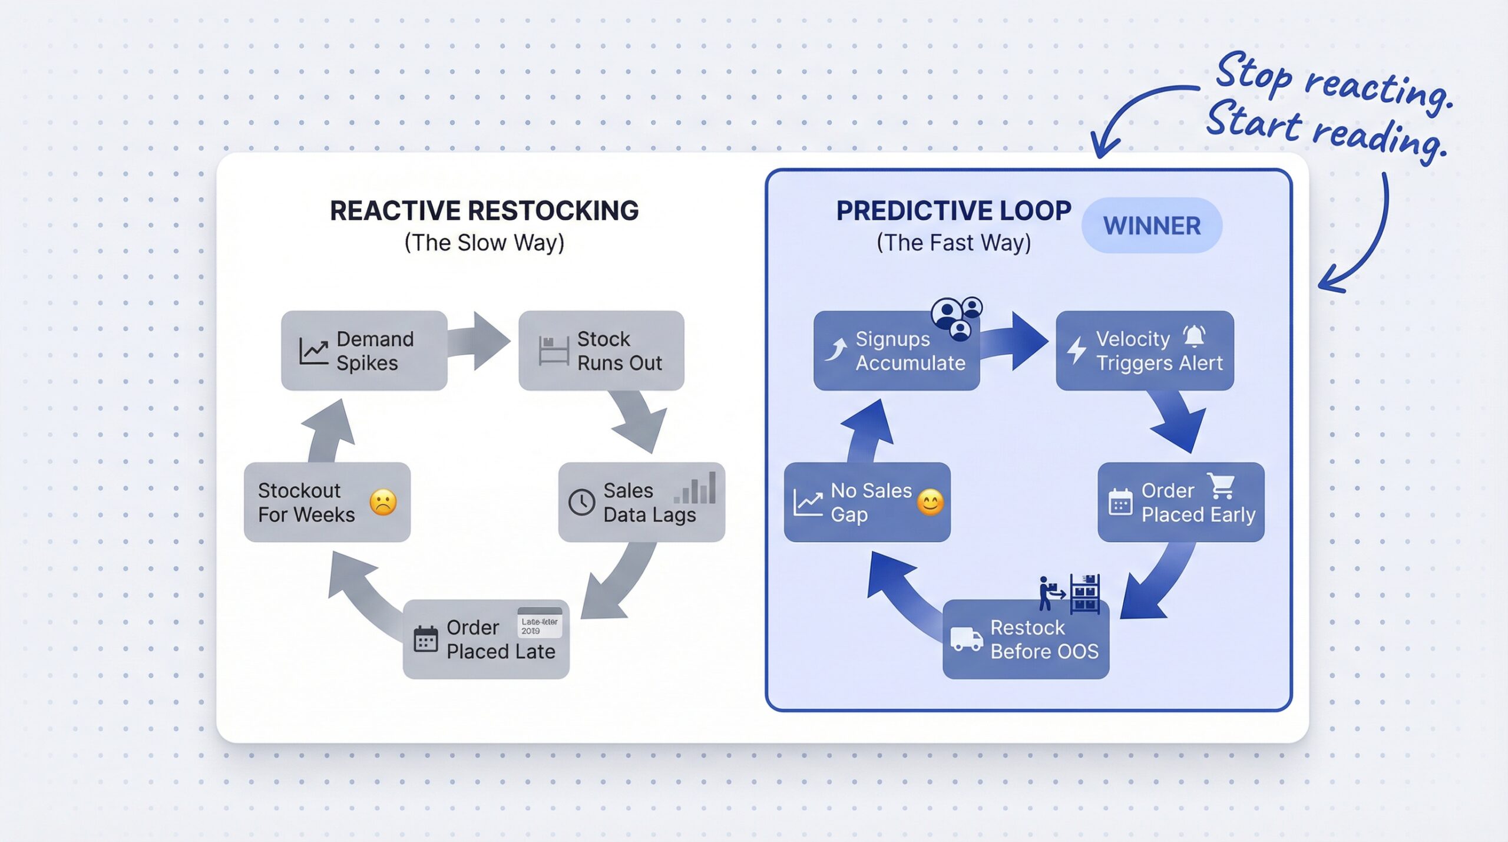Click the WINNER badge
click(x=1152, y=226)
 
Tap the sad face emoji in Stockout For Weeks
click(x=383, y=503)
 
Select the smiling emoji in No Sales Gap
click(x=930, y=503)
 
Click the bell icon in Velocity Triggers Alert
click(x=1194, y=336)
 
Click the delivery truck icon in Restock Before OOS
click(x=966, y=639)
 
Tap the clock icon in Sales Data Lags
click(x=581, y=503)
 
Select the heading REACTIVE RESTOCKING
click(x=484, y=211)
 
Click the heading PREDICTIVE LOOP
click(x=953, y=211)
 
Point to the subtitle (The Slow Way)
click(x=484, y=243)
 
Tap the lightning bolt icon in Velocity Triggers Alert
click(x=1077, y=350)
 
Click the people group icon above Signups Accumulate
click(x=957, y=318)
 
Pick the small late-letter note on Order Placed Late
click(x=539, y=623)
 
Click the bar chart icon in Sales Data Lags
click(x=695, y=488)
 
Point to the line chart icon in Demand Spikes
click(x=313, y=351)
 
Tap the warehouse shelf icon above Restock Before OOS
click(x=1084, y=593)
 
